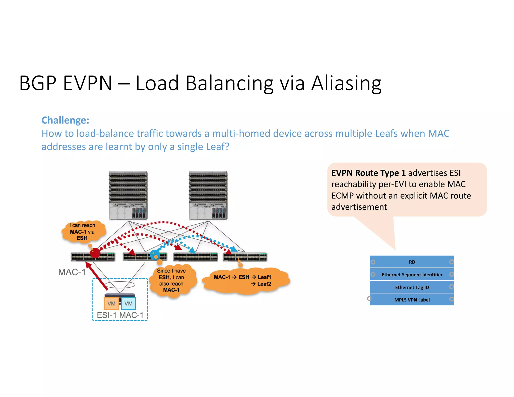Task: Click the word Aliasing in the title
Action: pyautogui.click(x=346, y=83)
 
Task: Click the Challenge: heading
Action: pyautogui.click(x=65, y=120)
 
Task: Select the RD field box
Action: pyautogui.click(x=412, y=262)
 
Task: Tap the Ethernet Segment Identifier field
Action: pyautogui.click(x=412, y=275)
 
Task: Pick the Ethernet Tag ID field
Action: pyautogui.click(x=412, y=287)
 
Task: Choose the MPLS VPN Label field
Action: pyautogui.click(x=412, y=300)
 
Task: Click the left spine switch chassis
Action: pyautogui.click(x=128, y=196)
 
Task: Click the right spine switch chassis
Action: pyautogui.click(x=208, y=196)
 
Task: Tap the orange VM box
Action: pyautogui.click(x=111, y=303)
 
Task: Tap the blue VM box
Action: pyautogui.click(x=128, y=303)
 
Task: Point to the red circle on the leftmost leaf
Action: pyautogui.click(x=95, y=253)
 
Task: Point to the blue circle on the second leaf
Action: pyautogui.click(x=155, y=255)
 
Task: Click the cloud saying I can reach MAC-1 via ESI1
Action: pyautogui.click(x=83, y=232)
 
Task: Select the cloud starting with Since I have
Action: pyautogui.click(x=172, y=280)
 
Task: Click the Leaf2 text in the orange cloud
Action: pyautogui.click(x=264, y=284)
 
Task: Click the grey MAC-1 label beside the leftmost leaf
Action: pyautogui.click(x=72, y=272)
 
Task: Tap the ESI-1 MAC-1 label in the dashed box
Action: pyautogui.click(x=120, y=315)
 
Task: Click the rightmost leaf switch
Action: pyautogui.click(x=245, y=257)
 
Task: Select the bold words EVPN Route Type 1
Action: pyautogui.click(x=368, y=173)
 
